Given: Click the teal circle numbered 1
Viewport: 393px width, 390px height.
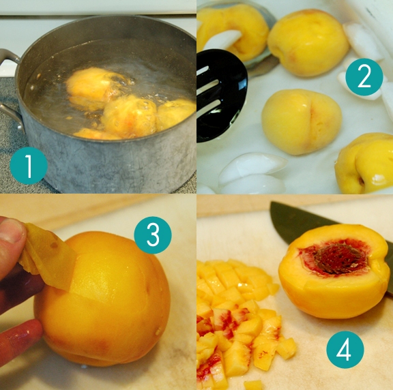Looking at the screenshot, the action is click(x=29, y=166).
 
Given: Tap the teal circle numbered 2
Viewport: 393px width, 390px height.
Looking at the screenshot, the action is click(x=364, y=77).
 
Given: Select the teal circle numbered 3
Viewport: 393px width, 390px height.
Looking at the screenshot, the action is click(x=153, y=235).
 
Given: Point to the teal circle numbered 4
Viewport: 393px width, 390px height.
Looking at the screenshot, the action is click(x=345, y=350).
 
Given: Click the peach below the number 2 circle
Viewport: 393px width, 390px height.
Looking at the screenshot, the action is click(x=302, y=122).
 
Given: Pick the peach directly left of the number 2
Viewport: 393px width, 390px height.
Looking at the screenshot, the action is click(x=308, y=42).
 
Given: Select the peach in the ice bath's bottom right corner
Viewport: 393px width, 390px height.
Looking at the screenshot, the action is click(x=364, y=164).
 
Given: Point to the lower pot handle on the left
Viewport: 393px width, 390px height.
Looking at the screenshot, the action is click(x=12, y=117).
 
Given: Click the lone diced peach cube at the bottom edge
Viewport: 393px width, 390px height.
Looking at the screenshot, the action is click(x=253, y=385).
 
